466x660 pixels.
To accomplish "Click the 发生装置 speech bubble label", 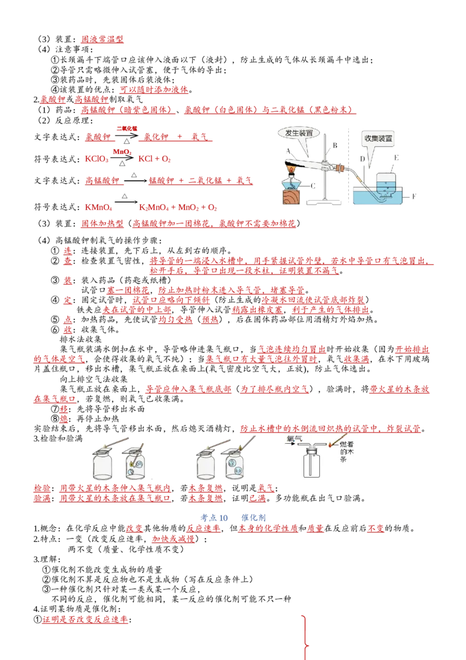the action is [299, 133].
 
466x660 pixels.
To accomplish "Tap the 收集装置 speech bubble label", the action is [378, 138].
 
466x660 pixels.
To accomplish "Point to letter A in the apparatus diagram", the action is [288, 150].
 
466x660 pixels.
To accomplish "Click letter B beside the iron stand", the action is [335, 146].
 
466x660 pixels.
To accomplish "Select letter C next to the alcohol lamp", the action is [313, 185].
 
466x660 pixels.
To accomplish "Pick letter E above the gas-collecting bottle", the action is [396, 157].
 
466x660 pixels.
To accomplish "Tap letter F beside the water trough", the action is [414, 196].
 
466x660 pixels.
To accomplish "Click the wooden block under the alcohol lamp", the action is [293, 196].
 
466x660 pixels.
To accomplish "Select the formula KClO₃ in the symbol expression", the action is [97, 159].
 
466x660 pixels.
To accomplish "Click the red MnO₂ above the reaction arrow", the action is [122, 152].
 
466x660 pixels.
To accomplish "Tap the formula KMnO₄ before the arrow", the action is [98, 207].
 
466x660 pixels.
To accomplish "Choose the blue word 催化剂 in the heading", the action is [253, 518].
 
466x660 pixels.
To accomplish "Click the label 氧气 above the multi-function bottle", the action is [294, 438].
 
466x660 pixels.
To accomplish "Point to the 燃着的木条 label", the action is [347, 451].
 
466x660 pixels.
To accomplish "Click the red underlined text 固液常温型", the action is [102, 39].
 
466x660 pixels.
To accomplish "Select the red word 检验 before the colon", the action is [41, 488].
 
